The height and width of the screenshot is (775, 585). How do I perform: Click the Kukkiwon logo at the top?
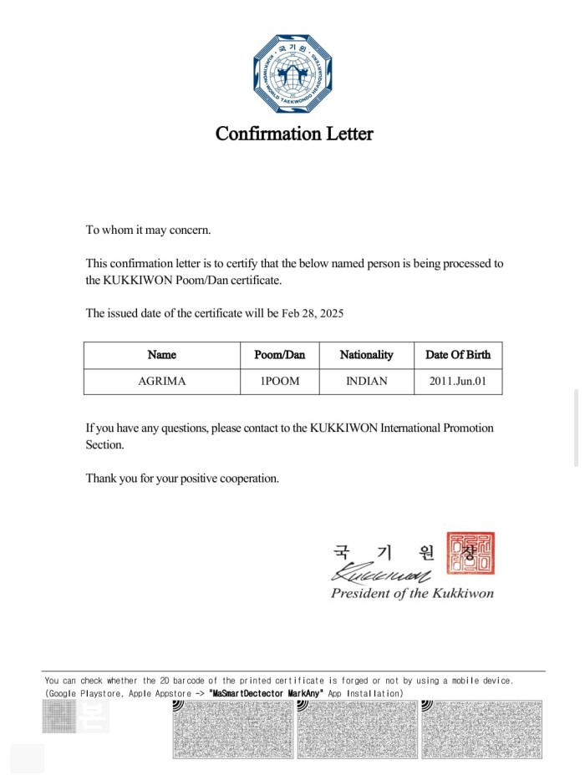coord(293,73)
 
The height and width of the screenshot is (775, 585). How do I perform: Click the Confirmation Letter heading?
coord(294,134)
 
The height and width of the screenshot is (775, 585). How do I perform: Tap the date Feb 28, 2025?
coord(313,314)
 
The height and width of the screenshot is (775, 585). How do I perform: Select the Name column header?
coord(162,355)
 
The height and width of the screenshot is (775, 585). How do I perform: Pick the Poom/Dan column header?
coord(280,355)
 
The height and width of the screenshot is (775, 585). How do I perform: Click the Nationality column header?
coord(366,355)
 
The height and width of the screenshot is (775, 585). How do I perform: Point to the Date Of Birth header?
coord(458,355)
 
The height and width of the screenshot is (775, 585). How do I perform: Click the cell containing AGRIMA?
coord(162,382)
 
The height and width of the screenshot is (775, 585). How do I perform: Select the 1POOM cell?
coord(280,382)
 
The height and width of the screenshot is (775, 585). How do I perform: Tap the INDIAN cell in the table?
coord(366,382)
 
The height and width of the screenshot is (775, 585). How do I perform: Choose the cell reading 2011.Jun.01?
coord(458,382)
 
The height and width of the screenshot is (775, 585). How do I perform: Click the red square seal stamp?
coord(471,554)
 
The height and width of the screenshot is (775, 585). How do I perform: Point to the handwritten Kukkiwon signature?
coord(381,575)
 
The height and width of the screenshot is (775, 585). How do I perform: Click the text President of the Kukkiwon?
coord(412,594)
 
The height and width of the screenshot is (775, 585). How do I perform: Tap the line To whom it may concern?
coord(149,230)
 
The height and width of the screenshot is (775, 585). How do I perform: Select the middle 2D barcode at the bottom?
coord(358,729)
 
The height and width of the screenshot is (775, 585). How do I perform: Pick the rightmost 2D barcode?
coord(482,729)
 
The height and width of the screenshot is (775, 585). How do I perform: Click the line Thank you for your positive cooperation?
coord(182,479)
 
